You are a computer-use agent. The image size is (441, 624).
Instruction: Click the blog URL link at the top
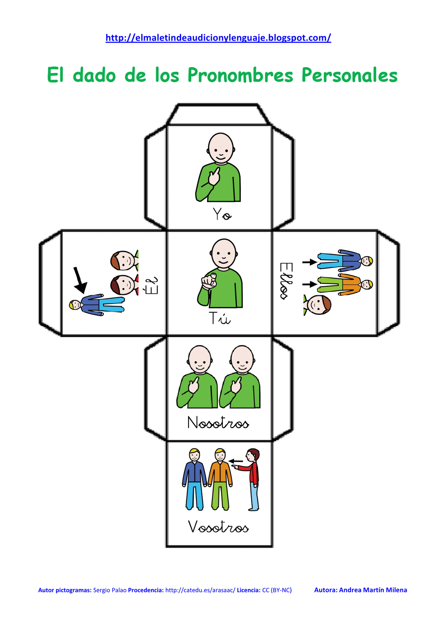point(218,38)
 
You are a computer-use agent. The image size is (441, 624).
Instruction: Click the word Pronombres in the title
point(240,75)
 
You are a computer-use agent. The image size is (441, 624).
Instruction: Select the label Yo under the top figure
point(222,214)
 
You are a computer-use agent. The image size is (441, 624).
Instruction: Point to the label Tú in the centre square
point(219,318)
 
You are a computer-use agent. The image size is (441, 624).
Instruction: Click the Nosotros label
point(218,423)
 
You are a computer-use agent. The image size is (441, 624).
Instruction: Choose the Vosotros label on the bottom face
point(218,527)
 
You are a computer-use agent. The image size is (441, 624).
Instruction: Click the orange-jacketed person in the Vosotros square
point(220,479)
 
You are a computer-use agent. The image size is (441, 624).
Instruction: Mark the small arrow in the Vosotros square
point(236,461)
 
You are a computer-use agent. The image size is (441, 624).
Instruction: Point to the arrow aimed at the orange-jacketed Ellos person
point(309,284)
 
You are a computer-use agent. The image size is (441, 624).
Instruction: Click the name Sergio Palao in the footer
point(110,590)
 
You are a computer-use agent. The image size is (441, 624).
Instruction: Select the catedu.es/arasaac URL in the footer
point(200,590)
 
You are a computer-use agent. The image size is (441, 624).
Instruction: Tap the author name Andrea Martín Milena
point(373,590)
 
